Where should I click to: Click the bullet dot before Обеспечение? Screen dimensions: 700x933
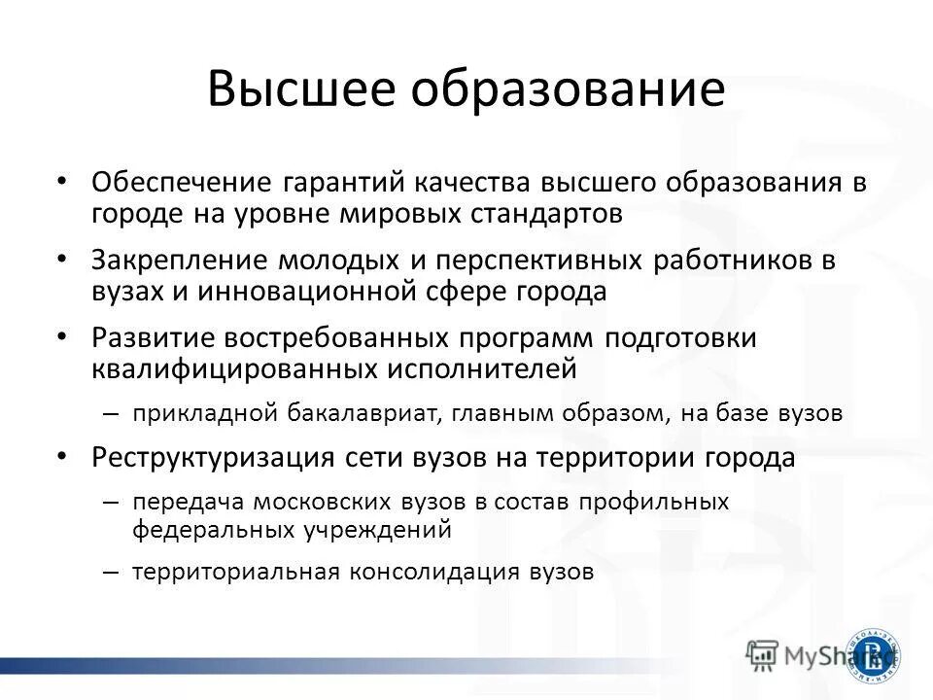pyautogui.click(x=62, y=183)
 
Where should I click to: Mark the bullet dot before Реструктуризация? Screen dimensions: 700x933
pyautogui.click(x=62, y=456)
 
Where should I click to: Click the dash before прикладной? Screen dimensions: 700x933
pyautogui.click(x=111, y=413)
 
